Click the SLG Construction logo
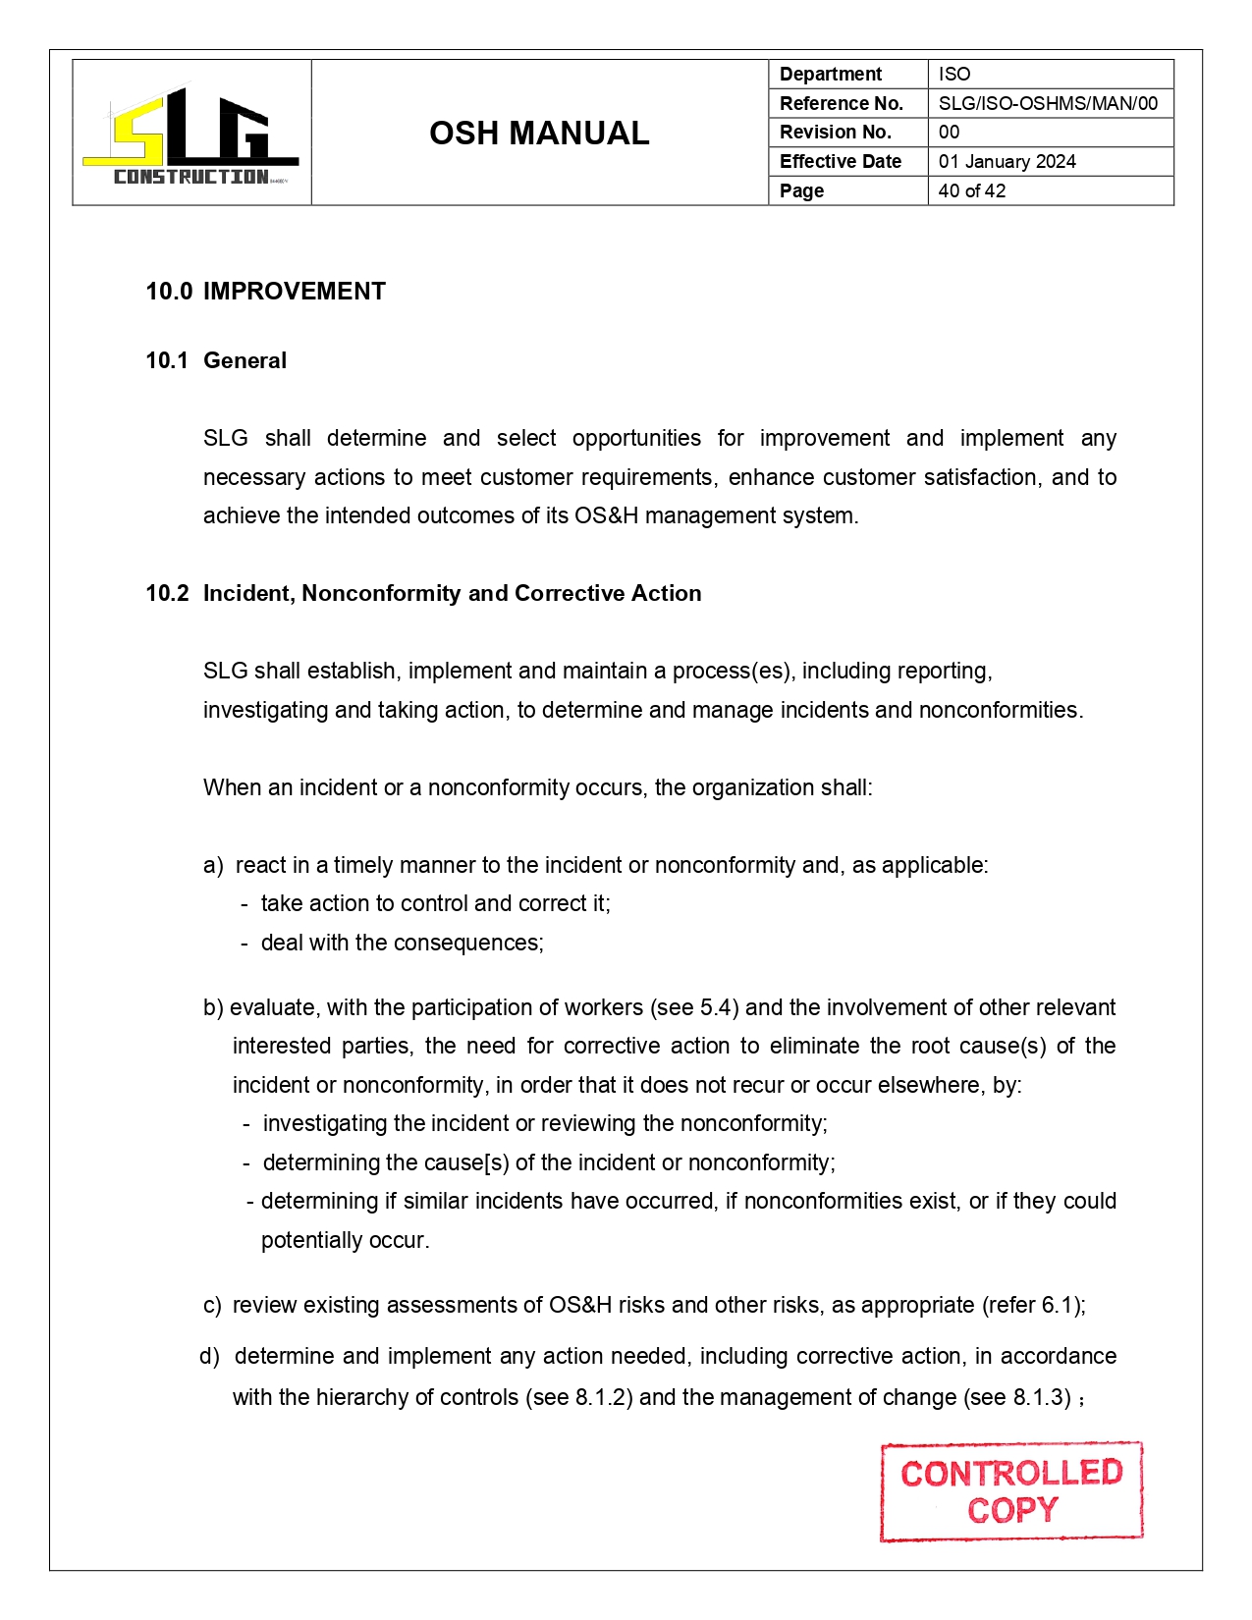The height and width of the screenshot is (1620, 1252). [x=191, y=134]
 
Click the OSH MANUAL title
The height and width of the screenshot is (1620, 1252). [x=539, y=133]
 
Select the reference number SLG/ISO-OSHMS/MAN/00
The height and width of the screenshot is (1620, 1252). [x=1048, y=103]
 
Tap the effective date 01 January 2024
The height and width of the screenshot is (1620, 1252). [x=1007, y=161]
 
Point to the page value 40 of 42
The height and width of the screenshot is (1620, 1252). [x=971, y=190]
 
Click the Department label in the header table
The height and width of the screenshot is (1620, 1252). [x=830, y=74]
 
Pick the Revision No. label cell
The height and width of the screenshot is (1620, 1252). [x=835, y=132]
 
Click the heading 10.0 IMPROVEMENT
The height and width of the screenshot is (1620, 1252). [x=265, y=292]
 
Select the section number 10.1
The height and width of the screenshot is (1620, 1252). [x=167, y=360]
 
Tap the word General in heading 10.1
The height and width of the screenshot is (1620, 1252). [x=245, y=360]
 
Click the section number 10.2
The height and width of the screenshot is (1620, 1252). [x=167, y=593]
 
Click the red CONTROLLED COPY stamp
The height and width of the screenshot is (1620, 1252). [x=1011, y=1490]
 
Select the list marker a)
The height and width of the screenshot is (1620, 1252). [x=213, y=865]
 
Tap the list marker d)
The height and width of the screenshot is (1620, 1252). [x=209, y=1356]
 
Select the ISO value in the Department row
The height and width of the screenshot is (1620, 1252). [x=953, y=74]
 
